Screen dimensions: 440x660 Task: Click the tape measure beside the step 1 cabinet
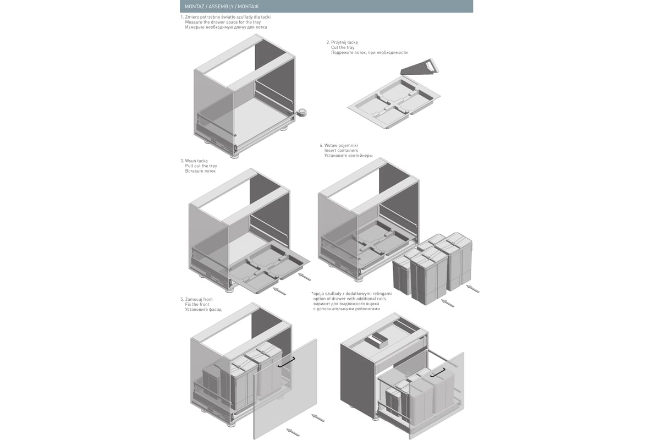(x=301, y=113)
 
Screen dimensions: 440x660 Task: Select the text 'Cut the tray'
(x=342, y=47)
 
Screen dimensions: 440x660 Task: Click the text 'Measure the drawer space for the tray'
(x=223, y=22)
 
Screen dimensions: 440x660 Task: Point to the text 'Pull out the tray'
(x=201, y=166)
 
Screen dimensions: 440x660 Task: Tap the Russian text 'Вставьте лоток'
(x=200, y=171)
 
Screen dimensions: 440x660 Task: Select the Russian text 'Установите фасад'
(x=203, y=310)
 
